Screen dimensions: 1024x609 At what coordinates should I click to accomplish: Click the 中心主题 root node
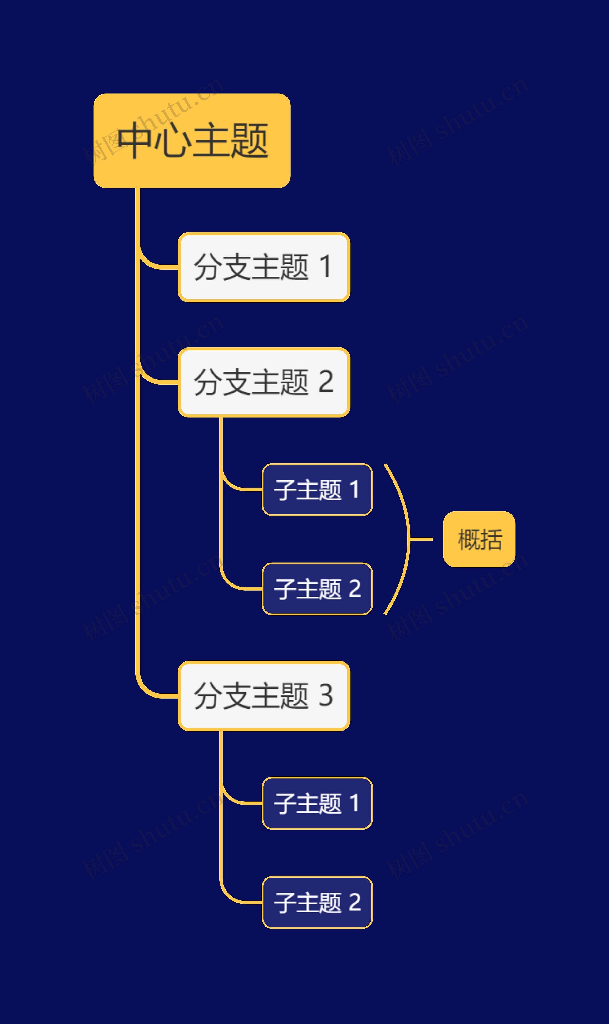coord(192,141)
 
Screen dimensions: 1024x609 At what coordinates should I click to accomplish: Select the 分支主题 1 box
coord(264,267)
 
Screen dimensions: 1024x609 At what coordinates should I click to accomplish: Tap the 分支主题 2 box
coord(264,382)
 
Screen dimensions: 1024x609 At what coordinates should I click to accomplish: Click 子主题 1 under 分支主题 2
coord(317,490)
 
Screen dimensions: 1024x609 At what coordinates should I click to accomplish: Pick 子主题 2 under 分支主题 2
coord(317,589)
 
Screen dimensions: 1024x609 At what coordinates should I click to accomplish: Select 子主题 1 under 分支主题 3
coord(317,803)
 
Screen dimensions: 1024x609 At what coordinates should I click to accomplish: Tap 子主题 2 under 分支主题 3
coord(317,902)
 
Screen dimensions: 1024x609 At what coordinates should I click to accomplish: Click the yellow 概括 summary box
coord(479,539)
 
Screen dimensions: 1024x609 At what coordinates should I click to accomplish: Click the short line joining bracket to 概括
coord(422,539)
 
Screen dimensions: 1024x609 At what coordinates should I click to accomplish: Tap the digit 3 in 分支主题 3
coord(326,695)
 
